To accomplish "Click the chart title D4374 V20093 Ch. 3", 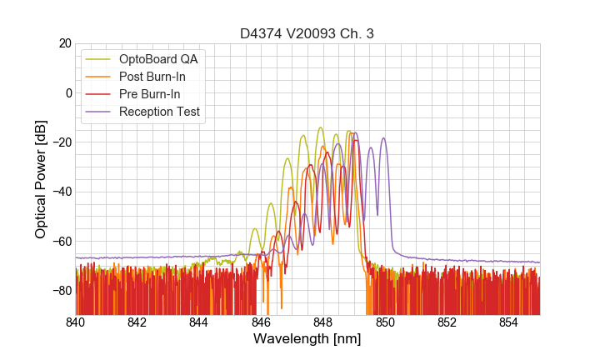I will pyautogui.click(x=307, y=33).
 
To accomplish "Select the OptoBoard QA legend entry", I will pyautogui.click(x=158, y=59).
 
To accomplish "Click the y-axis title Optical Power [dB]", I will pyautogui.click(x=41, y=178).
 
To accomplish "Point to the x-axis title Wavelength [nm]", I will pyautogui.click(x=307, y=340).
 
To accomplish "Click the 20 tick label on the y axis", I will pyautogui.click(x=63, y=43).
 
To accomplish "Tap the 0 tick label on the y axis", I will pyautogui.click(x=67, y=92).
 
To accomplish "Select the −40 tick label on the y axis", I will pyautogui.click(x=61, y=192).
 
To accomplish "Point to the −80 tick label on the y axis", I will pyautogui.click(x=61, y=291).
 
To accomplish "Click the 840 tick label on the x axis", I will pyautogui.click(x=76, y=322).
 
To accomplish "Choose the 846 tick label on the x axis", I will pyautogui.click(x=261, y=322).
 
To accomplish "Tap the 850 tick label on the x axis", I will pyautogui.click(x=385, y=322).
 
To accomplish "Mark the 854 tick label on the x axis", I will pyautogui.click(x=509, y=322).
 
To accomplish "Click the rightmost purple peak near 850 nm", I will pyautogui.click(x=383, y=138).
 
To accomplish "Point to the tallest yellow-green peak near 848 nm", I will pyautogui.click(x=320, y=128).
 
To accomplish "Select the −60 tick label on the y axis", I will pyautogui.click(x=61, y=242).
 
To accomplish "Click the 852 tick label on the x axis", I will pyautogui.click(x=447, y=322).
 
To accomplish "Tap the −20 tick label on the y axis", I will pyautogui.click(x=61, y=142).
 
